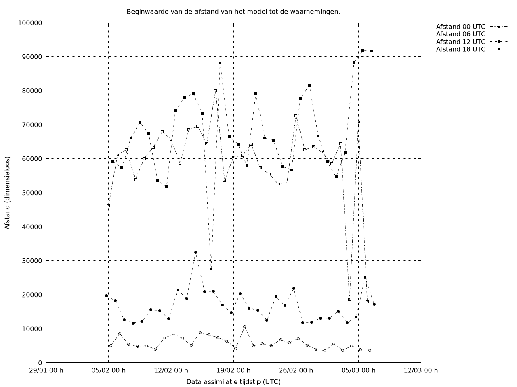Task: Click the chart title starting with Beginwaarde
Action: pyautogui.click(x=233, y=12)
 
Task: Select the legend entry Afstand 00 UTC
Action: pyautogui.click(x=460, y=27)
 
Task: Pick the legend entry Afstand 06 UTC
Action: pyautogui.click(x=460, y=34)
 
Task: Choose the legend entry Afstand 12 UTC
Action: pyautogui.click(x=460, y=42)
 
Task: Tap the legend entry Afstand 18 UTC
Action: pyautogui.click(x=460, y=49)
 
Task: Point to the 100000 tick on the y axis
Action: pyautogui.click(x=30, y=23)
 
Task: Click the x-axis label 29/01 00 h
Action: pyautogui.click(x=46, y=370)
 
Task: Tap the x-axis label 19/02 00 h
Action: pyautogui.click(x=233, y=370)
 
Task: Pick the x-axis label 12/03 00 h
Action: pyautogui.click(x=421, y=370)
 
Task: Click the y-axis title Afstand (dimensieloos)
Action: pyautogui.click(x=7, y=193)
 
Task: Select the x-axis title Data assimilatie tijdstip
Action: pyautogui.click(x=233, y=382)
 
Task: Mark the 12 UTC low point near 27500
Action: pyautogui.click(x=211, y=269)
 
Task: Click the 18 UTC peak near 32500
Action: pyautogui.click(x=195, y=252)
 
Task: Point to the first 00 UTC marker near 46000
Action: pyautogui.click(x=108, y=206)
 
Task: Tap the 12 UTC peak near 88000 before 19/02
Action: pyautogui.click(x=220, y=63)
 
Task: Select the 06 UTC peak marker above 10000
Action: pyautogui.click(x=244, y=327)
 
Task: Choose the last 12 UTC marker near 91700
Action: pyautogui.click(x=372, y=51)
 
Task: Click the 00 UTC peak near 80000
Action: pyautogui.click(x=215, y=91)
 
